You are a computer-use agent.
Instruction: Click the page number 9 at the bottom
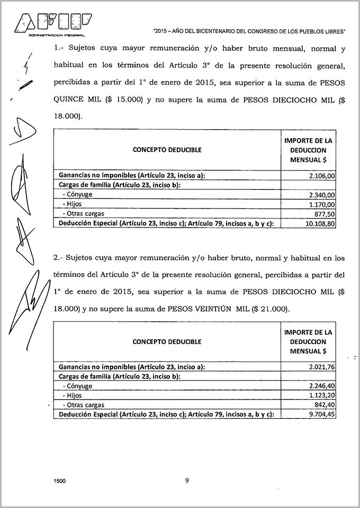[187, 481]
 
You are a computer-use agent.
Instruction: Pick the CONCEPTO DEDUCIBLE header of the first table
[167, 150]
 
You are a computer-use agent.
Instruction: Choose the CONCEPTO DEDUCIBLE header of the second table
[167, 341]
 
